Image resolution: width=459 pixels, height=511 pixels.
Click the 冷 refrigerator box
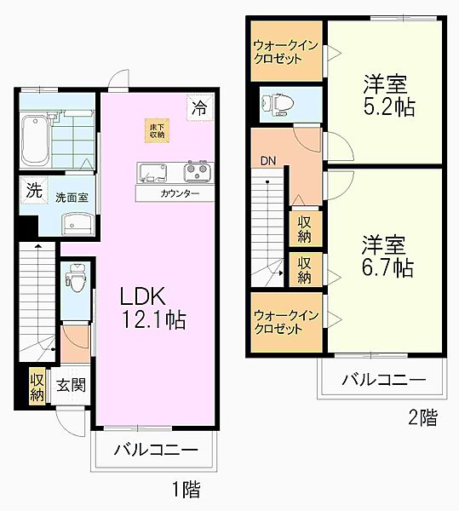pos(198,108)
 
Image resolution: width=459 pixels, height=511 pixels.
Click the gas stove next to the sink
pos(198,172)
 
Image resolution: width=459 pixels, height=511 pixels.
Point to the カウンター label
pos(179,194)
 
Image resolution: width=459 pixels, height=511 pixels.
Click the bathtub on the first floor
pos(37,140)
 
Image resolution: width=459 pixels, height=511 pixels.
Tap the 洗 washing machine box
pos(32,191)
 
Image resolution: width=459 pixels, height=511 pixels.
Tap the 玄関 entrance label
pos(71,385)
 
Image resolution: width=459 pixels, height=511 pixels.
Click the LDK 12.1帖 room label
pos(152,307)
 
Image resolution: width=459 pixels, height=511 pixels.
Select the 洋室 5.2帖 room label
pos(386,95)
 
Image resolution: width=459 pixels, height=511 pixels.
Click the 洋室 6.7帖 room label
pos(386,256)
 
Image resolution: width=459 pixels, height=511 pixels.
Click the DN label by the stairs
pos(267,160)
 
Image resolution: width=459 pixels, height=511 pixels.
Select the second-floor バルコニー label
pos(383,379)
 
